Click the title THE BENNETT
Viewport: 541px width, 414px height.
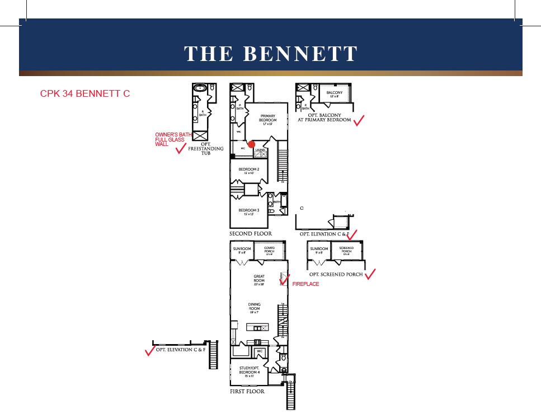pyautogui.click(x=271, y=54)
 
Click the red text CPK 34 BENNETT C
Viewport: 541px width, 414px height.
pyautogui.click(x=85, y=93)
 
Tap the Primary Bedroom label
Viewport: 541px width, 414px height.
pyautogui.click(x=267, y=119)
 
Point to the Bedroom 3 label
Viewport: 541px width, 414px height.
pyautogui.click(x=248, y=211)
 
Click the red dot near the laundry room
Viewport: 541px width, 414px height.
pyautogui.click(x=251, y=144)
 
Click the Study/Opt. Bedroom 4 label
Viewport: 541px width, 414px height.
pyautogui.click(x=249, y=371)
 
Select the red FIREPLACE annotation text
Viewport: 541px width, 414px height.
pyautogui.click(x=305, y=284)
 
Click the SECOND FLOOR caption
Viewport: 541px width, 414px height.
pyautogui.click(x=251, y=234)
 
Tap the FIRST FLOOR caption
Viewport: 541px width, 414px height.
pyautogui.click(x=247, y=392)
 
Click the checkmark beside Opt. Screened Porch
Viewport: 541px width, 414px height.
pyautogui.click(x=370, y=274)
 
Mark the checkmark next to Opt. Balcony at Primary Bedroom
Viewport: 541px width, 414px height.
pyautogui.click(x=359, y=120)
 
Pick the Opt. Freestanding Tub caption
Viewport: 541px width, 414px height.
pyautogui.click(x=205, y=148)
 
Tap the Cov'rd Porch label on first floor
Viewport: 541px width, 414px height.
pyautogui.click(x=269, y=251)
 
